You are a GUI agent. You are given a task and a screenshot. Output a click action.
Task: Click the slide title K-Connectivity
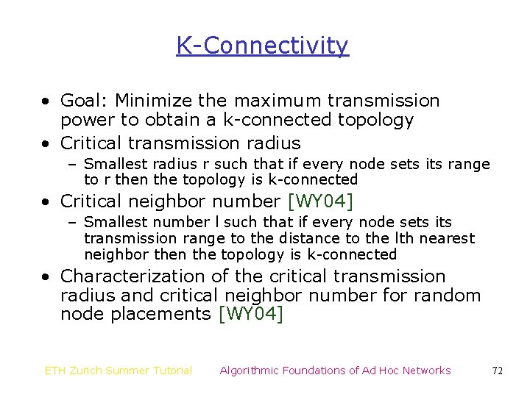(262, 46)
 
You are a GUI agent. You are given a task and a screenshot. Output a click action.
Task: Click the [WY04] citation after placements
(251, 315)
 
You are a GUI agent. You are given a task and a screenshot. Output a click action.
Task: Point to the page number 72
(497, 371)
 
